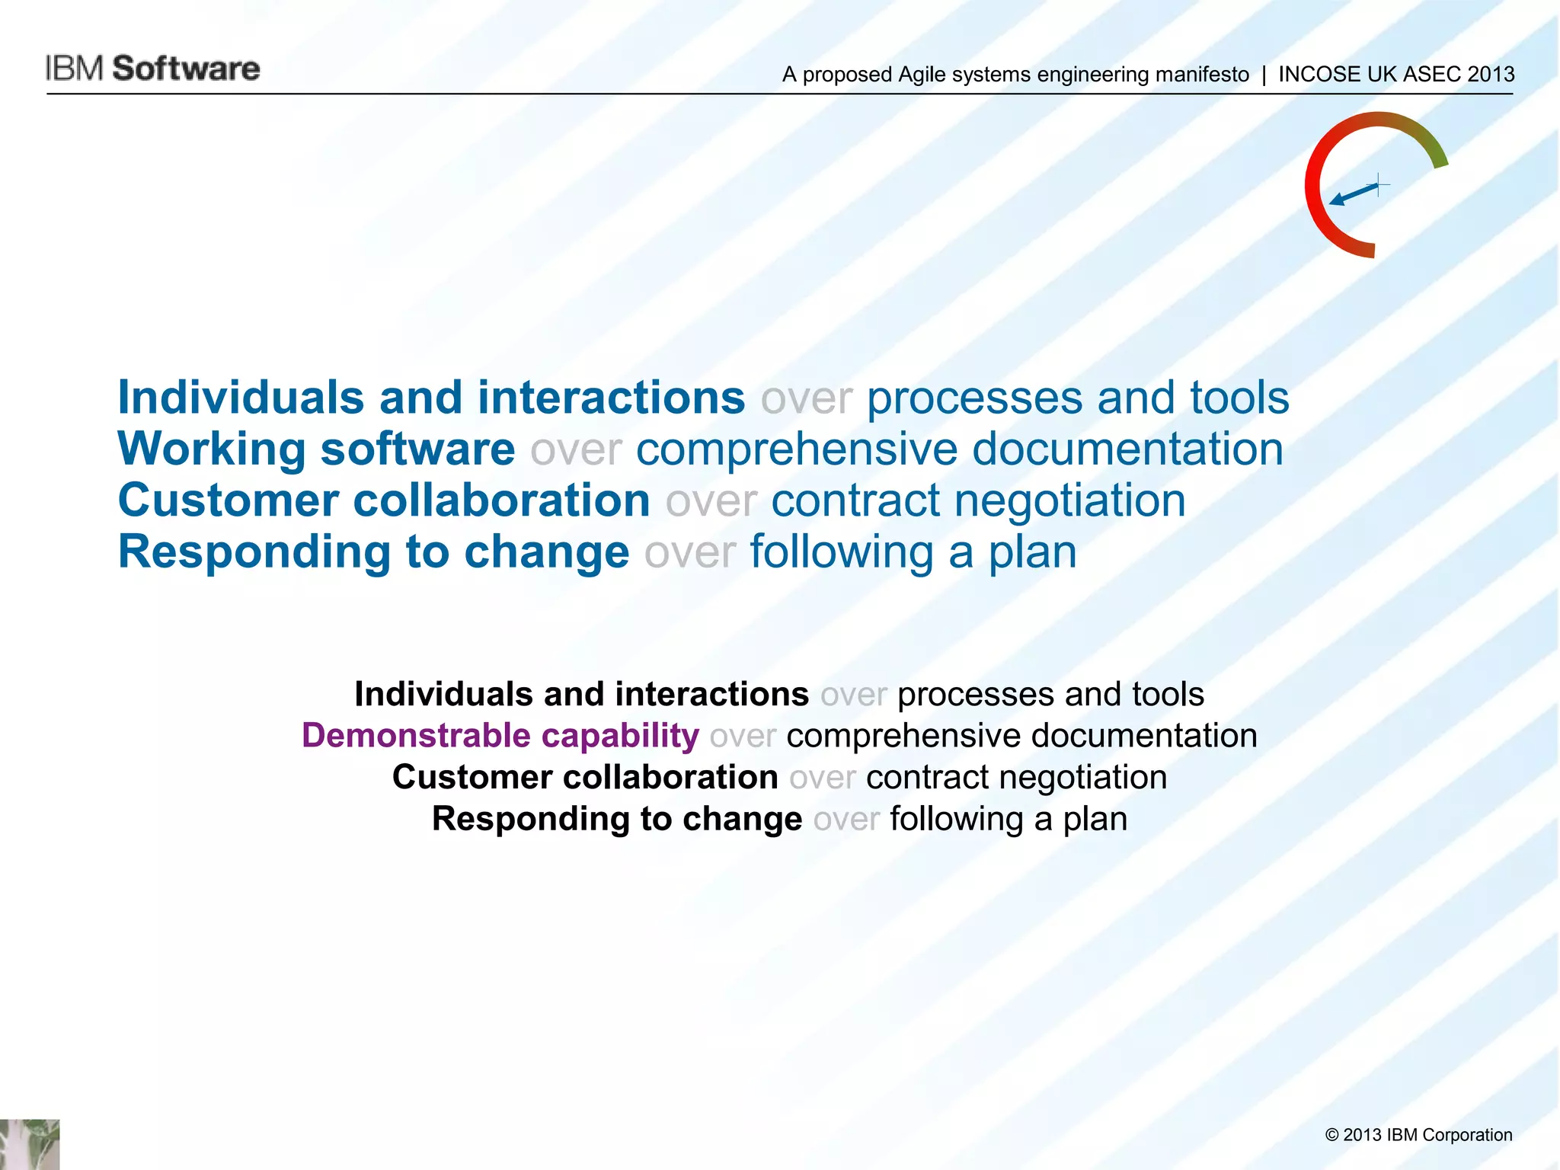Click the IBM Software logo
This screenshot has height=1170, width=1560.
(x=152, y=69)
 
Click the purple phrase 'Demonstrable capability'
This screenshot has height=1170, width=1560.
(x=500, y=736)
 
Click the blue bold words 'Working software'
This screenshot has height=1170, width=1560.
(x=316, y=449)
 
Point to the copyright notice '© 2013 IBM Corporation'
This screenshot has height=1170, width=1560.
(x=1418, y=1135)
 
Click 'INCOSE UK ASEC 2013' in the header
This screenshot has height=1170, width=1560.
(x=1395, y=75)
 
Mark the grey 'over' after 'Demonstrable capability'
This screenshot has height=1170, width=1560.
(x=743, y=737)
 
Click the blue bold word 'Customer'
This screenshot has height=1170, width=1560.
(x=228, y=500)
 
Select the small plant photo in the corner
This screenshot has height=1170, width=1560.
(x=30, y=1144)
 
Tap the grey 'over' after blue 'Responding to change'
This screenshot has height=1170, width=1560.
(x=690, y=553)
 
